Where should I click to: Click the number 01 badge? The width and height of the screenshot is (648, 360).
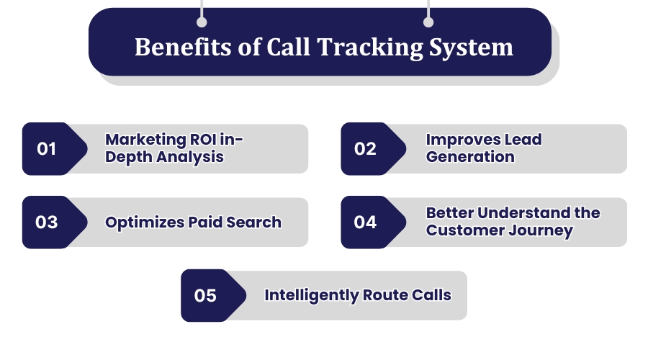[47, 149]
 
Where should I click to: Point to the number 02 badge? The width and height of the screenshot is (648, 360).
[365, 149]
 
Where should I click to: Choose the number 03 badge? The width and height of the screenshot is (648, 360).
[47, 222]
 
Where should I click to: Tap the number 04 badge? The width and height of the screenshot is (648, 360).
[365, 222]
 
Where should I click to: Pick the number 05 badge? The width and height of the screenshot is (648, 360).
[205, 295]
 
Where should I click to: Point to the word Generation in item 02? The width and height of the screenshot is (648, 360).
[470, 157]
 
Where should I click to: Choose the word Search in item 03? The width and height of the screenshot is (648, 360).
[255, 222]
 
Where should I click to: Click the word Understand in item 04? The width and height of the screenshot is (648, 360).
[516, 213]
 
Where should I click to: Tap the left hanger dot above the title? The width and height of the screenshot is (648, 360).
[202, 22]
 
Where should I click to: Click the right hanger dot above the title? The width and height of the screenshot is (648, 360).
[428, 22]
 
